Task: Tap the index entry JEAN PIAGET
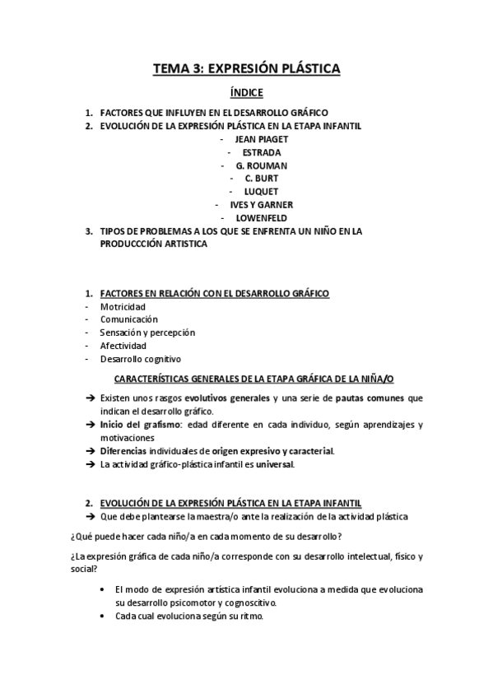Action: pos(261,139)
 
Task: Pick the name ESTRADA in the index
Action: pos(261,152)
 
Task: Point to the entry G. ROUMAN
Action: pos(261,165)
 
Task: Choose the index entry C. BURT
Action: pos(261,179)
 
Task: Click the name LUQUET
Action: pos(261,191)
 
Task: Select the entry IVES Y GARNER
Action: pos(261,204)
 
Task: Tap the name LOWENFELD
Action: pos(261,217)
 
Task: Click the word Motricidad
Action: pos(123,306)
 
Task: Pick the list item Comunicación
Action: pos(129,319)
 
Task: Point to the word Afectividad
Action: pos(123,346)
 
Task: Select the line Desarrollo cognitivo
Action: pos(141,359)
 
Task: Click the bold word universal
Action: pos(274,464)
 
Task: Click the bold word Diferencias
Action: pos(123,451)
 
